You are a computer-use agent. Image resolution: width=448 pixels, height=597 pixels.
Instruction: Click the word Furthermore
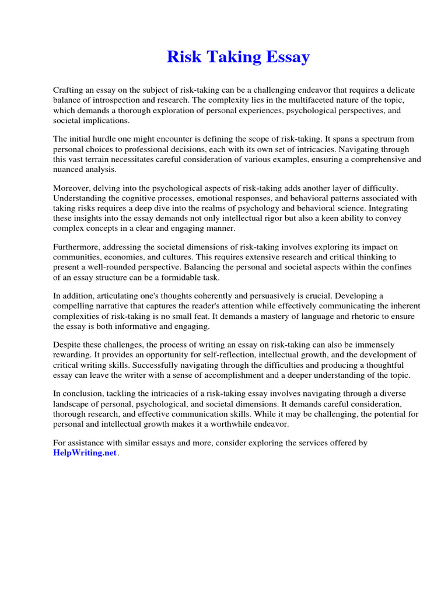pyautogui.click(x=76, y=247)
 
